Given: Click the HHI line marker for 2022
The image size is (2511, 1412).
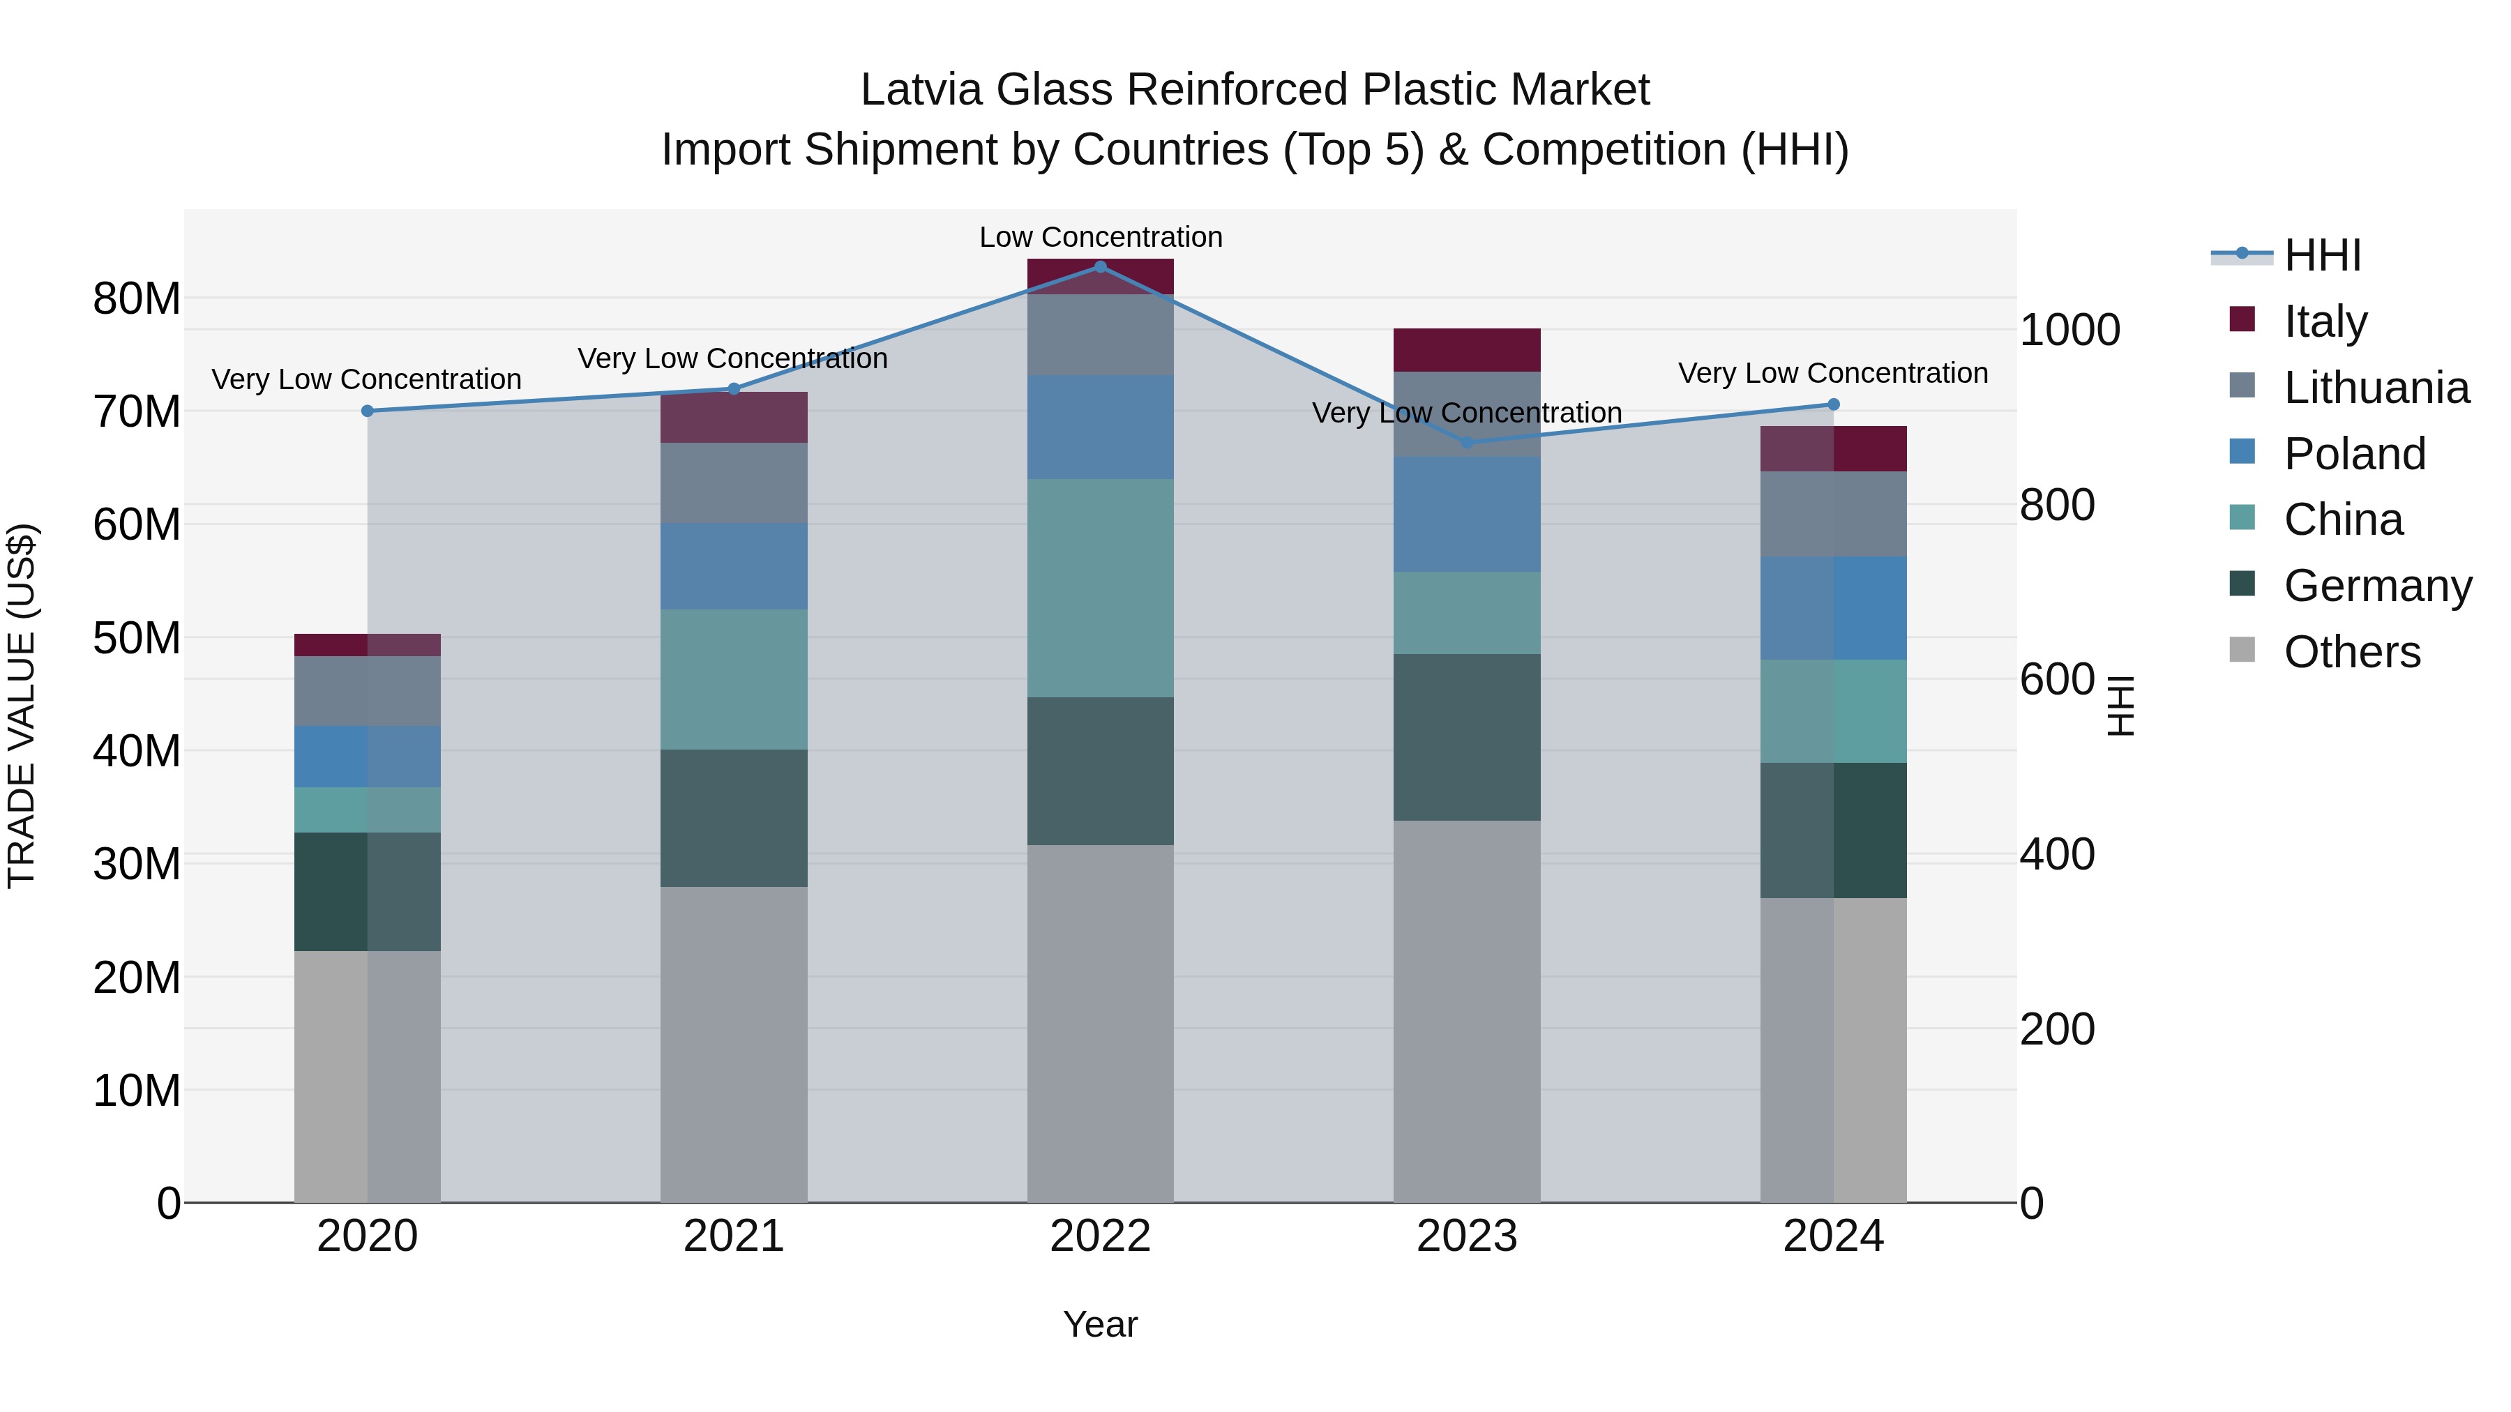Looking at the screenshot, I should click(x=1101, y=266).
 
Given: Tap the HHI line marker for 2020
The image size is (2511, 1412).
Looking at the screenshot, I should click(x=368, y=411).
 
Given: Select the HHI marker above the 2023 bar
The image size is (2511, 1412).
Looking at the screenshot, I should click(x=1467, y=442).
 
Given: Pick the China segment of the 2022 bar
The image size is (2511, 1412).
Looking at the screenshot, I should click(x=1101, y=588).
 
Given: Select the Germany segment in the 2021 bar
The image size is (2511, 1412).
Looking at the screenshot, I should click(x=734, y=818).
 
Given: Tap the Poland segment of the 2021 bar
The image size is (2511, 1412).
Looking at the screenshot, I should click(x=734, y=566).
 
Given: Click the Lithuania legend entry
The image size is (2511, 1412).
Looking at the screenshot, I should click(x=2376, y=388).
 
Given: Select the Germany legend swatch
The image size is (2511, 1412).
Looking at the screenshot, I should click(x=2242, y=584).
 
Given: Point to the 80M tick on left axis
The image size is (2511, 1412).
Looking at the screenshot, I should click(x=137, y=298).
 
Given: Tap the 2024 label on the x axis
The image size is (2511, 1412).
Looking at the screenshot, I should click(x=1832, y=1236).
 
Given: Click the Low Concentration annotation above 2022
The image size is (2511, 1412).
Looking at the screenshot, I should click(x=1101, y=237).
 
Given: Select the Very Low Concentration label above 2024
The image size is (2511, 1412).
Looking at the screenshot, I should click(x=1832, y=373).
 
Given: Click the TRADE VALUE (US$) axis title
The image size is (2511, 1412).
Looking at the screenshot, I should click(x=22, y=706).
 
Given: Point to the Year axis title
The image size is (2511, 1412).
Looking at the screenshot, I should click(x=1101, y=1324).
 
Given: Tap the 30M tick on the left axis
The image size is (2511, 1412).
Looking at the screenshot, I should click(x=137, y=863).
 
